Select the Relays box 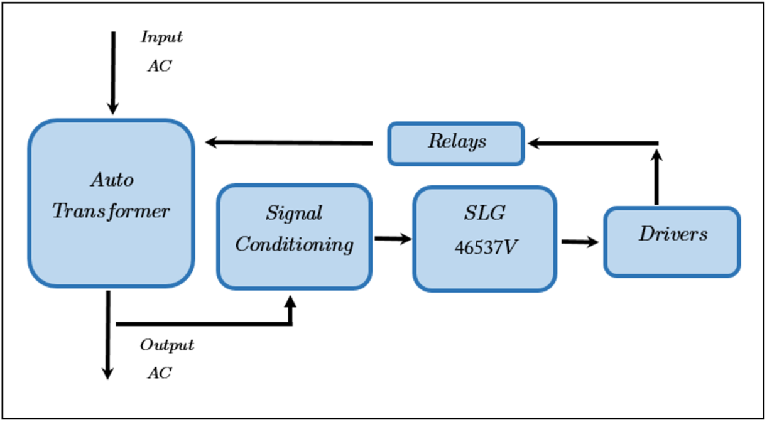[456, 144]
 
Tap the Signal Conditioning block [294, 237]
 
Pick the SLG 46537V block [484, 239]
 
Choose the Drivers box [672, 242]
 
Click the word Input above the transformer [161, 37]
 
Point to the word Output [166, 345]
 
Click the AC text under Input [159, 66]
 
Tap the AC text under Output [159, 372]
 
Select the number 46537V [486, 248]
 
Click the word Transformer [111, 211]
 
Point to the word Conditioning [294, 244]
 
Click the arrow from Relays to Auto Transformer [289, 143]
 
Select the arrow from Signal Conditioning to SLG [392, 239]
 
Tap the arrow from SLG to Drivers [579, 241]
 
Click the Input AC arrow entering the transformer [113, 72]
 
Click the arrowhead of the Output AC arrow [107, 373]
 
